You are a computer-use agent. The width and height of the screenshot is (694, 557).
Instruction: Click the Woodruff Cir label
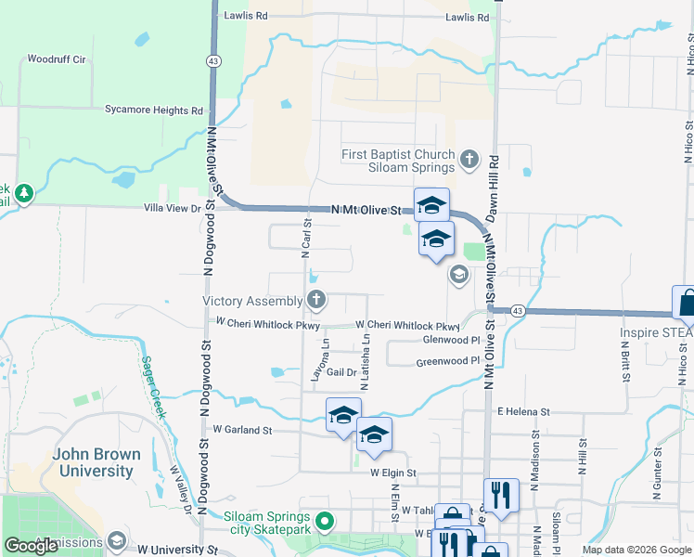57,59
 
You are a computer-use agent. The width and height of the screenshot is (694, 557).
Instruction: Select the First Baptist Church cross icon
469,160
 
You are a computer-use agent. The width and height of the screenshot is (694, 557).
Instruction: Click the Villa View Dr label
171,209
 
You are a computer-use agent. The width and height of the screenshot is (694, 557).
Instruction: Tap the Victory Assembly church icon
316,300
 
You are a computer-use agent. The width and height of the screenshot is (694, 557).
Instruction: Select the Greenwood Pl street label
446,361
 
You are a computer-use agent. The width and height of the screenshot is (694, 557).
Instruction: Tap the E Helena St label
523,411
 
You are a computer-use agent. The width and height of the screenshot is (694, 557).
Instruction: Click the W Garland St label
242,430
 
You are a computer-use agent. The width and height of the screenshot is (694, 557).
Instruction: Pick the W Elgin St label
393,473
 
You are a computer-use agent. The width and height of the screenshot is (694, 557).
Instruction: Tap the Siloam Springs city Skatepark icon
325,522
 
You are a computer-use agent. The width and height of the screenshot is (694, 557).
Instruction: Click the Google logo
31,546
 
